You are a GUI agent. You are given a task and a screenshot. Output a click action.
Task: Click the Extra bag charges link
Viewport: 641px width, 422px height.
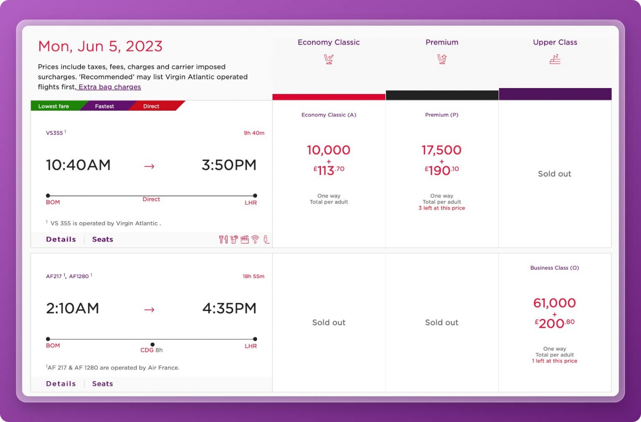point(110,87)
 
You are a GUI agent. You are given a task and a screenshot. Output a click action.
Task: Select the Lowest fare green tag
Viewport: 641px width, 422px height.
point(53,106)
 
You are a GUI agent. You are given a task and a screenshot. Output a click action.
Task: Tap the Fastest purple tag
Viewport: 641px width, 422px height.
point(104,106)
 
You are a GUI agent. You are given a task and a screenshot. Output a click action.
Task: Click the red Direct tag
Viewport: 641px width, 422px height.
point(151,106)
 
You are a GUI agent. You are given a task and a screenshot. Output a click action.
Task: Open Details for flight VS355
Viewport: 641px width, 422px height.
point(61,239)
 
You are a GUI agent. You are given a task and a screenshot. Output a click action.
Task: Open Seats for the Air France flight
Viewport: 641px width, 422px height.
point(103,384)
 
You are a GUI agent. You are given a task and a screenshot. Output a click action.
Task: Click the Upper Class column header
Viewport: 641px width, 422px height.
point(555,42)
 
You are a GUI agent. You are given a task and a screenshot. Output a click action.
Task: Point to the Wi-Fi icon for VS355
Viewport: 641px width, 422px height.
point(255,239)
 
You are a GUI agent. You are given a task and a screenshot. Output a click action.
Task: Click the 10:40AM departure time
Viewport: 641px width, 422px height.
point(78,165)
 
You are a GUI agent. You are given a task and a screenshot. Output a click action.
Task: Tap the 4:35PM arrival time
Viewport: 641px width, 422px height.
point(229,308)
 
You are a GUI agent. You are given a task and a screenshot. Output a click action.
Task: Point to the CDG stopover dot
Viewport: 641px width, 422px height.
point(152,344)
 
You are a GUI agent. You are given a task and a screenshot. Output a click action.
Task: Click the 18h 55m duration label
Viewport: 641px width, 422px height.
point(253,276)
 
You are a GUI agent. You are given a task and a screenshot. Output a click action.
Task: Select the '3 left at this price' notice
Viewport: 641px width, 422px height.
point(442,208)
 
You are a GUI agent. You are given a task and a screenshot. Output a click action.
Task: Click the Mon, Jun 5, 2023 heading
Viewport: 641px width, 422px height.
point(100,46)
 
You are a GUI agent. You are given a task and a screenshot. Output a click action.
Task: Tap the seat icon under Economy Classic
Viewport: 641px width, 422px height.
point(329,59)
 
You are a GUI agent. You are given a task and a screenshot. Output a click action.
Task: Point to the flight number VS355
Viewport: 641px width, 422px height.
point(54,133)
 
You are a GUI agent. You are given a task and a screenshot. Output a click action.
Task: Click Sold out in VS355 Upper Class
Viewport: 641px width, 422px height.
point(554,174)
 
